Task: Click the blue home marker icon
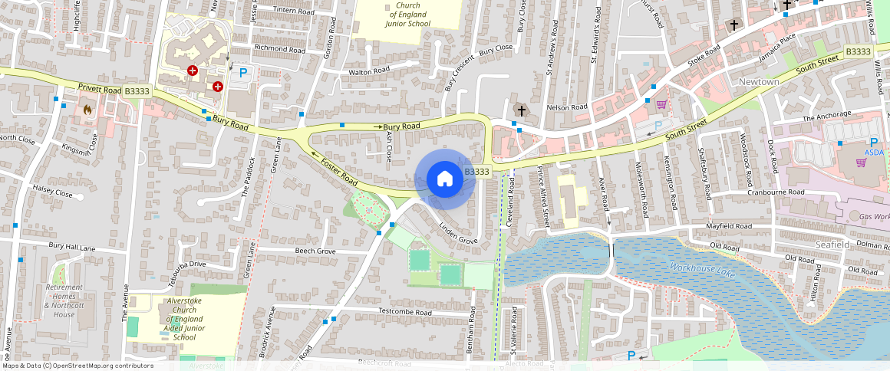click(x=444, y=179)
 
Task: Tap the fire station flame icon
click(x=87, y=110)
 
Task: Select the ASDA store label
click(x=874, y=153)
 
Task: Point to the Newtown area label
click(x=759, y=82)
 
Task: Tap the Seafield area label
click(x=833, y=244)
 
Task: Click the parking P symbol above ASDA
click(x=873, y=143)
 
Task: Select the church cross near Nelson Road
click(x=522, y=111)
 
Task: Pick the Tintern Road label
click(x=294, y=11)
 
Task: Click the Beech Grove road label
click(x=315, y=251)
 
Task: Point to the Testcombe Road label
click(x=407, y=311)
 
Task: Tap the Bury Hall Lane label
click(x=72, y=248)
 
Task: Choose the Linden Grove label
click(x=459, y=234)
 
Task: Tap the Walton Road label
click(x=369, y=71)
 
